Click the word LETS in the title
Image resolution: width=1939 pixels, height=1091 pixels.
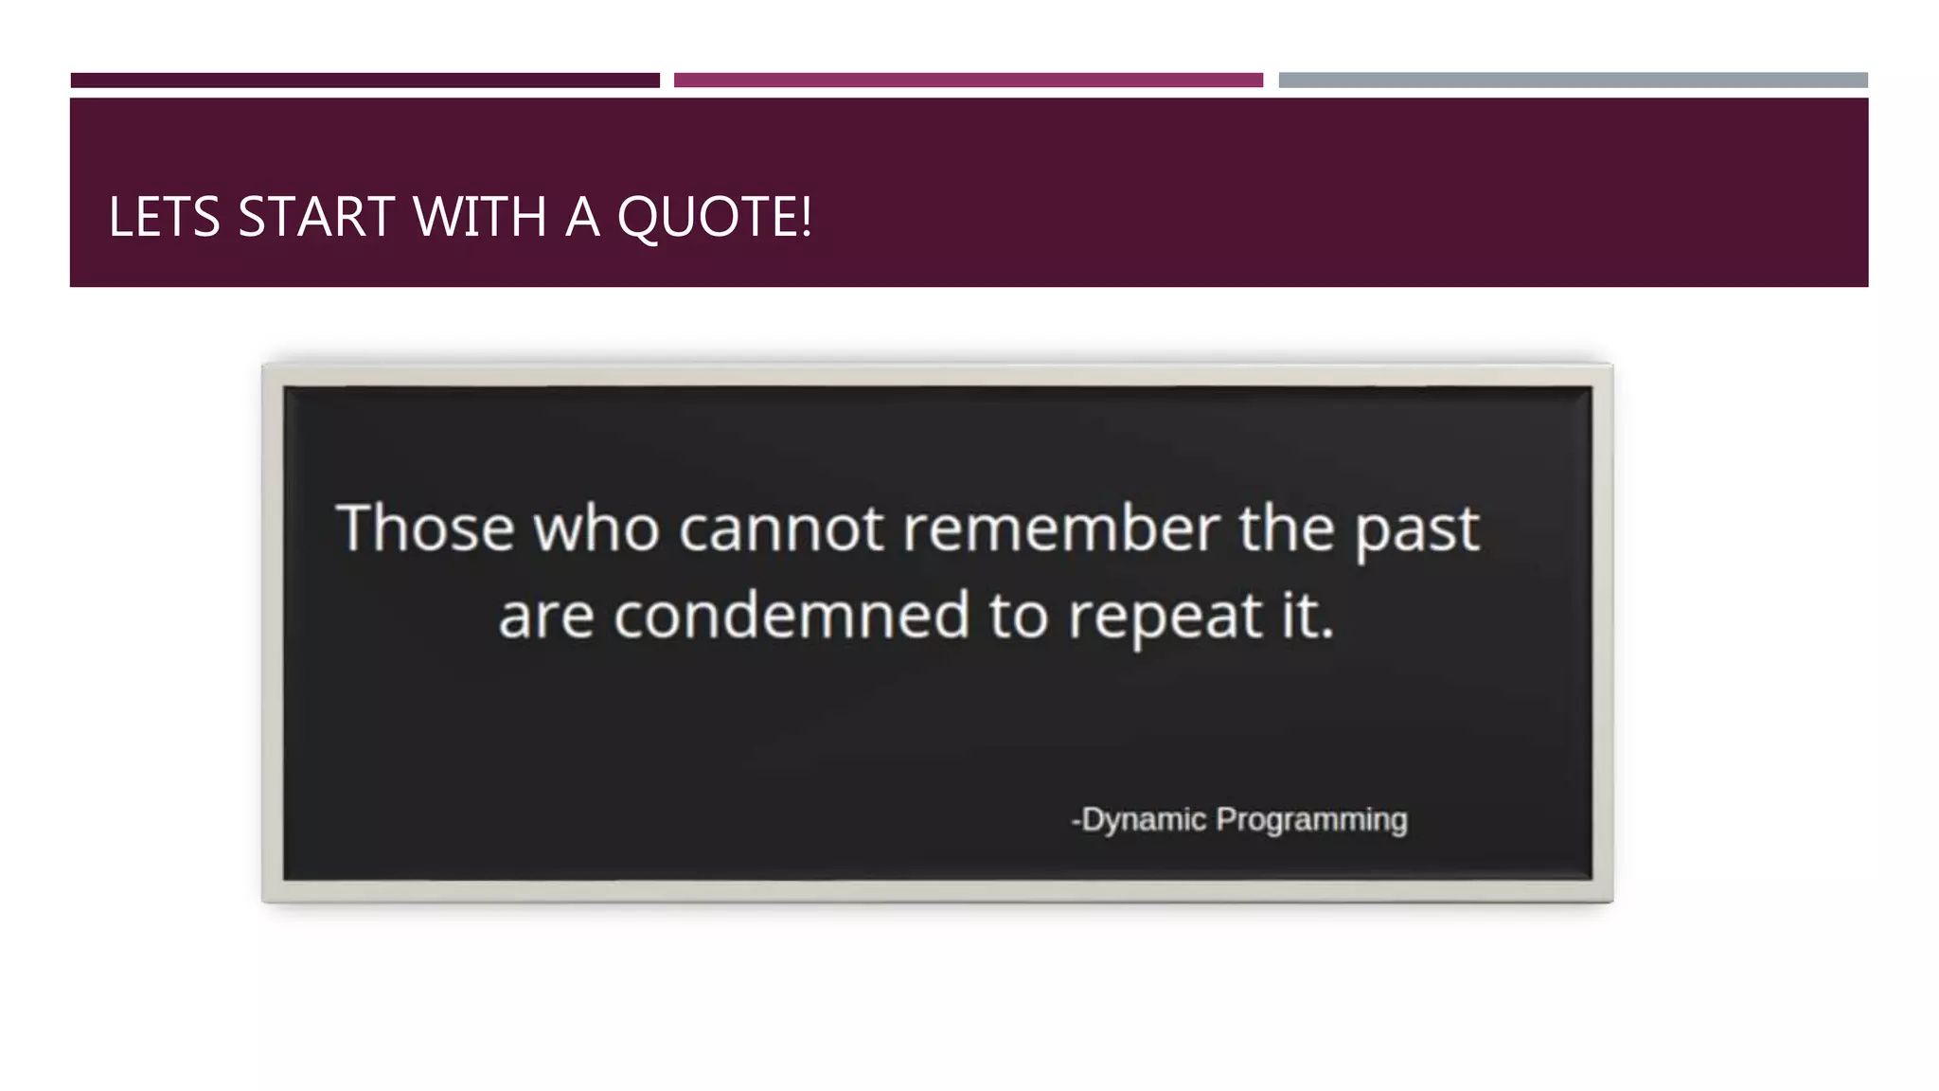click(x=164, y=217)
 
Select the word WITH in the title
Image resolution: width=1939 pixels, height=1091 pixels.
click(x=480, y=217)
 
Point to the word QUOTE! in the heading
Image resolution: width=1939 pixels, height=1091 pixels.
click(x=714, y=219)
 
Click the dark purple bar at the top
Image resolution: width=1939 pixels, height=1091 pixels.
click(x=365, y=80)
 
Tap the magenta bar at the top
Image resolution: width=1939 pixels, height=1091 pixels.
click(x=968, y=80)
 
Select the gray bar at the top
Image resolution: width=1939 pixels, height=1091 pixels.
click(x=1573, y=80)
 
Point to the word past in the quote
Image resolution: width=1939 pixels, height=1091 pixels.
click(x=1416, y=530)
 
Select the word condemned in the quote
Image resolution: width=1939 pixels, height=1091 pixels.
click(x=792, y=616)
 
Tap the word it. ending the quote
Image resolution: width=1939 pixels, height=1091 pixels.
click(x=1307, y=616)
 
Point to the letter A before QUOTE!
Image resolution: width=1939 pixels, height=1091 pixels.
click(x=582, y=217)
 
